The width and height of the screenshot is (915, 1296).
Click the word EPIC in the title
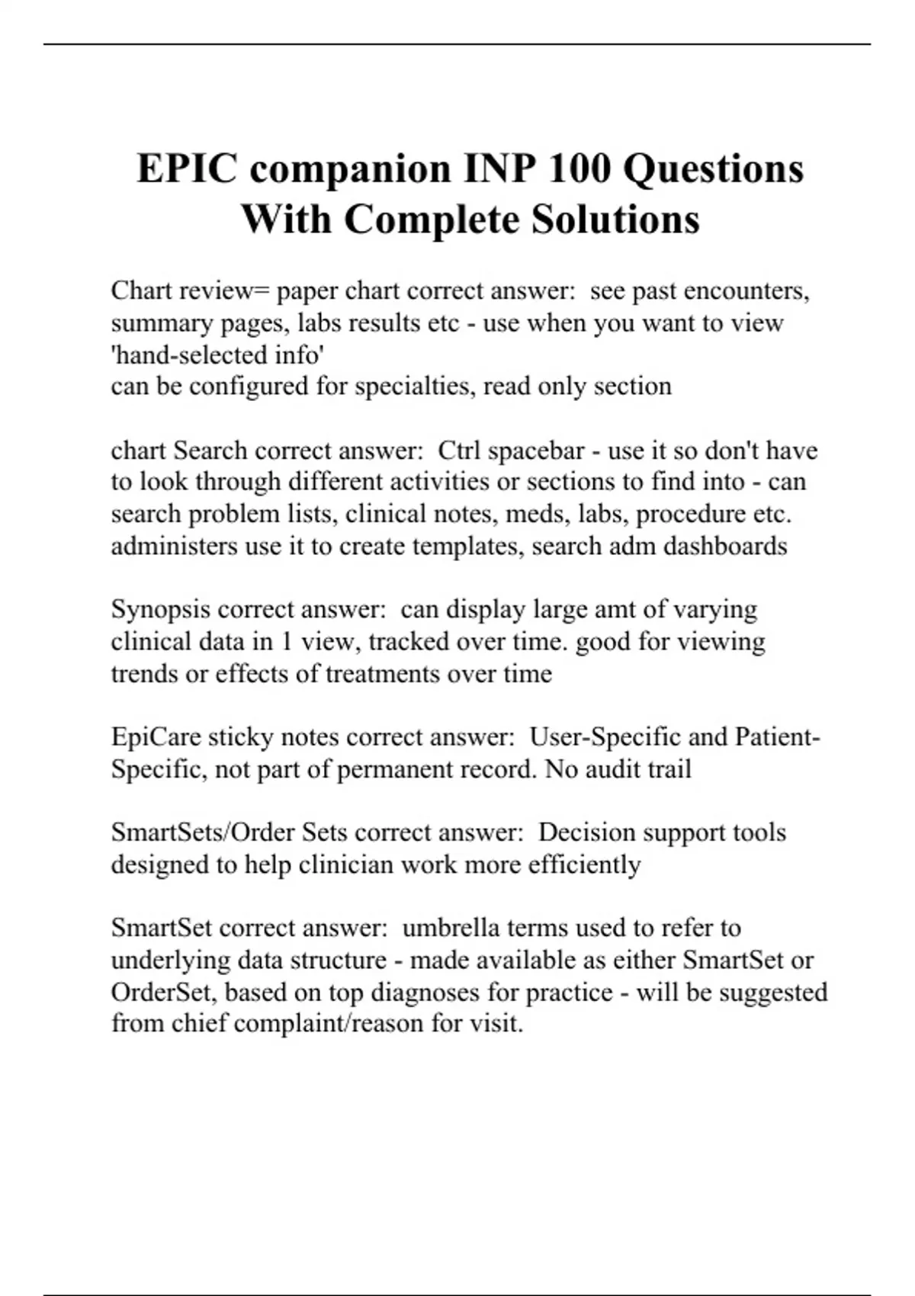pos(187,168)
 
